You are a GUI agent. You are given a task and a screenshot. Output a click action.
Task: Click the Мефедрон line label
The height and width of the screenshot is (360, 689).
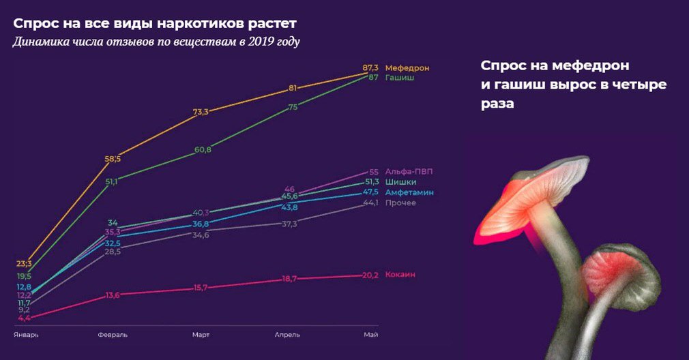(407, 68)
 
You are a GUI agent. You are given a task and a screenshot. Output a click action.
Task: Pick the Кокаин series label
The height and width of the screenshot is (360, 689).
(400, 274)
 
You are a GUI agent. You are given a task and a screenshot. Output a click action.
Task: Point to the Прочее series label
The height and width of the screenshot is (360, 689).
(400, 202)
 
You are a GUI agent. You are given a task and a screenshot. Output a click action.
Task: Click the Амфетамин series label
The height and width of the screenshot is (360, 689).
(409, 192)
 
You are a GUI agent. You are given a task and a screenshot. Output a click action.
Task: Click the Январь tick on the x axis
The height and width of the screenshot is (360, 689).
(27, 335)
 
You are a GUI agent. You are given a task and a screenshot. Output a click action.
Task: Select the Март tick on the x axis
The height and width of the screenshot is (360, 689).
(201, 335)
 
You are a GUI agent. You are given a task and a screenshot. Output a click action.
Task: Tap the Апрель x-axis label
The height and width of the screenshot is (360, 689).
(287, 335)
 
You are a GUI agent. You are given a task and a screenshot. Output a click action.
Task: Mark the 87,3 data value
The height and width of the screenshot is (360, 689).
(371, 68)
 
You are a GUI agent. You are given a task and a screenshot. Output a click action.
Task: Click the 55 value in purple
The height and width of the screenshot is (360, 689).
(373, 172)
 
